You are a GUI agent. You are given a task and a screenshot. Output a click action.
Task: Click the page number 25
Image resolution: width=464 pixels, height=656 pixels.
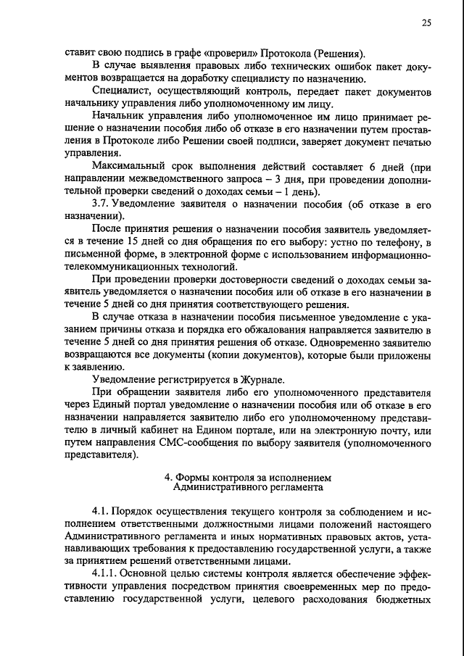426,22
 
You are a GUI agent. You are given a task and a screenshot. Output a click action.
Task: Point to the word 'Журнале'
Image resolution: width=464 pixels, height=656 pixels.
264,381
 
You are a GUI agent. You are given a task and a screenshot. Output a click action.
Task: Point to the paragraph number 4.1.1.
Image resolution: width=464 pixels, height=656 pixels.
107,574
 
